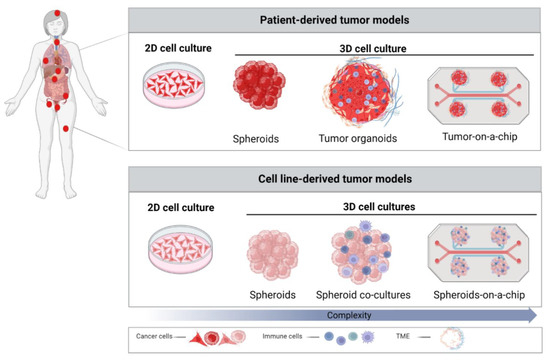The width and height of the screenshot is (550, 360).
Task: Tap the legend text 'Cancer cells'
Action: coord(159,340)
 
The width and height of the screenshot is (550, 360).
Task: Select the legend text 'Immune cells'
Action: coord(289,340)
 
